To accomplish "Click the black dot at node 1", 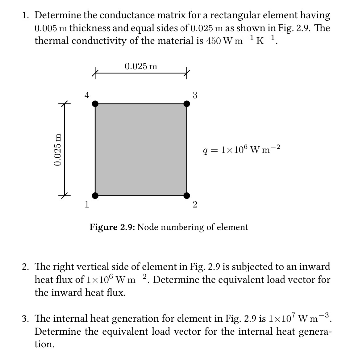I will (x=95, y=195).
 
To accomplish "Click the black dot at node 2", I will (x=187, y=195).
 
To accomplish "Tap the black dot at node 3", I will (x=187, y=104).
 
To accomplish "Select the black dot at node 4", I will (x=95, y=104).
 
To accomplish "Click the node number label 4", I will (x=86, y=95).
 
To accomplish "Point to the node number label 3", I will (x=195, y=95).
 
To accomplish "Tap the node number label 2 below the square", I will (x=195, y=205).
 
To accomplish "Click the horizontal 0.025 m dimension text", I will (x=141, y=66).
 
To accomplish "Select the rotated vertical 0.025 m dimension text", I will (x=58, y=149).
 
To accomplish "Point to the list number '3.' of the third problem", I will (x=26, y=319).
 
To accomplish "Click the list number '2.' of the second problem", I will (x=26, y=267).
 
